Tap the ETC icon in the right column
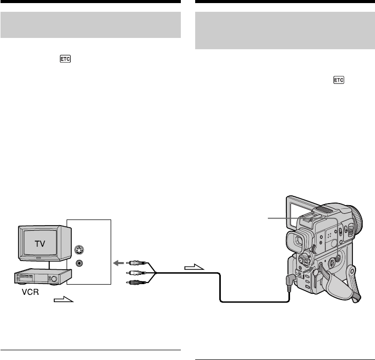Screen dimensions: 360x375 [x=339, y=80]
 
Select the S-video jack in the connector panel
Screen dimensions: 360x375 [x=79, y=252]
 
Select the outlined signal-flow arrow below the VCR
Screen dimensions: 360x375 [x=64, y=300]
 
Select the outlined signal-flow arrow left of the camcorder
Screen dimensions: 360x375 [x=194, y=267]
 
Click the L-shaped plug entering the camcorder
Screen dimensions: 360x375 [x=290, y=280]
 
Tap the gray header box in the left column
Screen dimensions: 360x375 [x=91, y=25]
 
